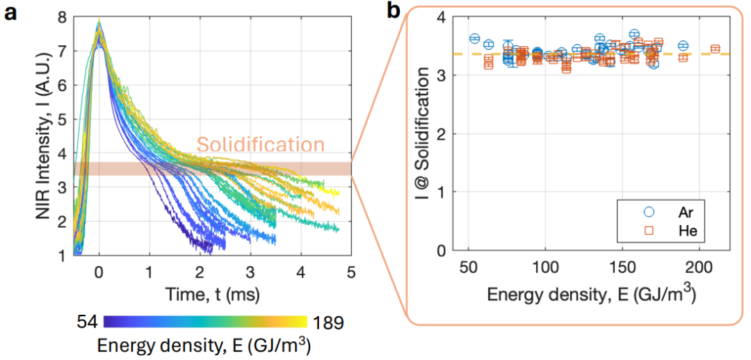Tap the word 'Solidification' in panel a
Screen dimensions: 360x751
click(x=261, y=145)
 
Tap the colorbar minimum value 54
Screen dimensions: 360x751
click(x=89, y=322)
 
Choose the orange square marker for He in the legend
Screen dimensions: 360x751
click(x=649, y=229)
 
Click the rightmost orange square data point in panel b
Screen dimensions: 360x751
click(x=715, y=49)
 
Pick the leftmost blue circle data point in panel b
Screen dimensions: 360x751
click(x=475, y=38)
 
